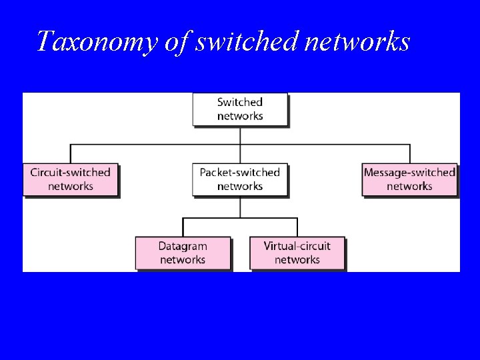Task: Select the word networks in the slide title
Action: click(357, 41)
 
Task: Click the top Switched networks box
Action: click(240, 109)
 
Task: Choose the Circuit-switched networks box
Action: click(71, 179)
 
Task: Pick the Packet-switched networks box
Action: click(240, 179)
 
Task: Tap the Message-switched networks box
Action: click(409, 179)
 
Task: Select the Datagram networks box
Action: click(183, 253)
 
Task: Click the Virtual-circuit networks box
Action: click(297, 253)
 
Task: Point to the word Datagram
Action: click(183, 247)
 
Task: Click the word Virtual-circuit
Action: click(297, 247)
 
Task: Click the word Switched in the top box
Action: click(240, 102)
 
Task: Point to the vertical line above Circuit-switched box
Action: click(71, 153)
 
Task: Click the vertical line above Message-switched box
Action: click(409, 153)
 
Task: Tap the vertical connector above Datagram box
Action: click(183, 227)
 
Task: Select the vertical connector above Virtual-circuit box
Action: click(297, 227)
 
